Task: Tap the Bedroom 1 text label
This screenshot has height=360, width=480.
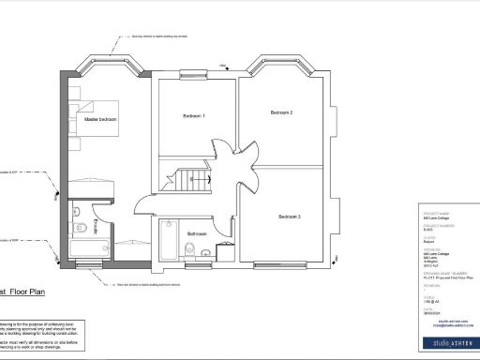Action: coord(193,115)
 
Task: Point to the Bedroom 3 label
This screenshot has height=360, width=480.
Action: coord(287,217)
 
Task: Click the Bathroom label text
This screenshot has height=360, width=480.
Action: coord(196,233)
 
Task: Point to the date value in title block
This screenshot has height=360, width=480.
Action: coord(433,311)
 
